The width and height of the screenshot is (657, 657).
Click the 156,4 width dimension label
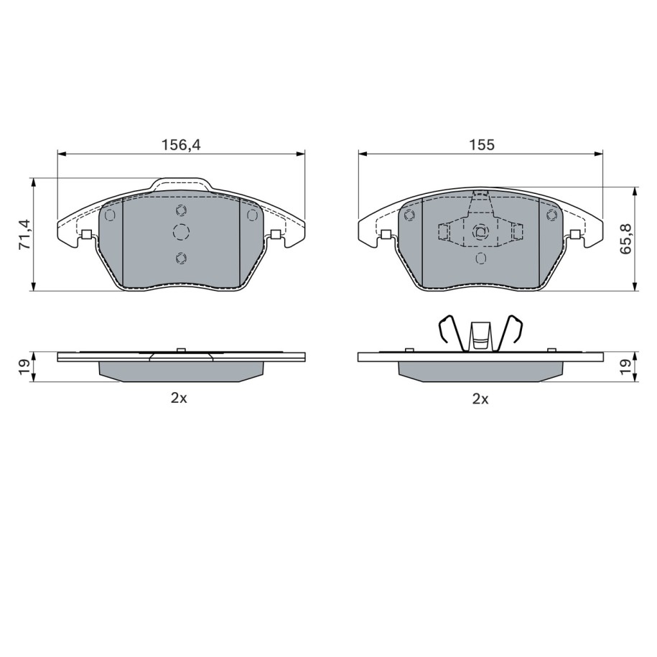[x=182, y=145]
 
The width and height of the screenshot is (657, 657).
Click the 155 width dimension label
[x=481, y=145]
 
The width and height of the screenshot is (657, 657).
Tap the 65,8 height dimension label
[x=628, y=238]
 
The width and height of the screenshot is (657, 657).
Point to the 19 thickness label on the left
[x=24, y=367]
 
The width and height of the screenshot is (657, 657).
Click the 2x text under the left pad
[x=179, y=398]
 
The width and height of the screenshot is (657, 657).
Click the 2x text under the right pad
[x=480, y=399]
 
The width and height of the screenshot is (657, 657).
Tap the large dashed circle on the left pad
[x=181, y=232]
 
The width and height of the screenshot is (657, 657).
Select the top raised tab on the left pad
[x=181, y=185]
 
